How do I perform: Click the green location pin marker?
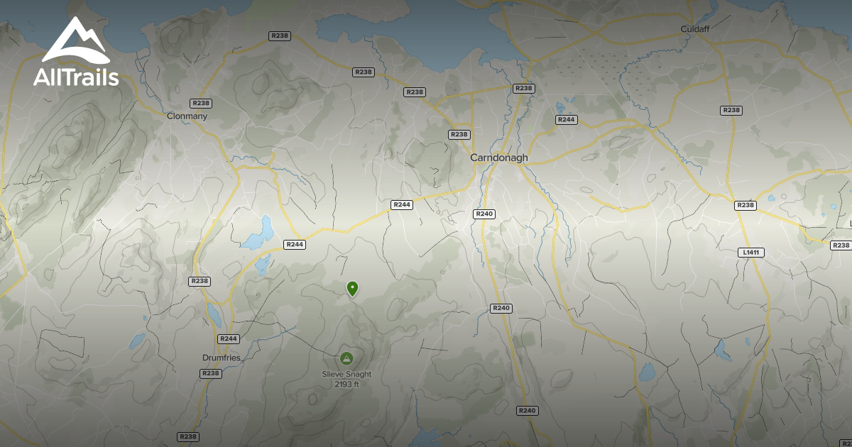pyautogui.click(x=352, y=288)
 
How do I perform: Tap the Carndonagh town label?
pyautogui.click(x=499, y=158)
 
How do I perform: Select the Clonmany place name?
pyautogui.click(x=187, y=116)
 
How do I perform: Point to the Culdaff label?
pyautogui.click(x=695, y=29)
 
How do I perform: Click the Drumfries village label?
pyautogui.click(x=222, y=358)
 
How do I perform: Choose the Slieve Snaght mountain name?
pyautogui.click(x=346, y=375)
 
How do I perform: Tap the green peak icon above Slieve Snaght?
pyautogui.click(x=346, y=358)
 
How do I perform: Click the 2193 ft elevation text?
pyautogui.click(x=346, y=385)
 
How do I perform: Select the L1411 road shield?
pyautogui.click(x=750, y=253)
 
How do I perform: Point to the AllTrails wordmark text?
pyautogui.click(x=76, y=77)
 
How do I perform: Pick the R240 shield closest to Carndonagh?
pyautogui.click(x=484, y=214)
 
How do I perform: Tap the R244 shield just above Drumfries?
pyautogui.click(x=228, y=338)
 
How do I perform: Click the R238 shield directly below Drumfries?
pyautogui.click(x=210, y=373)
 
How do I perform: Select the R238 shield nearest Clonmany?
pyautogui.click(x=200, y=104)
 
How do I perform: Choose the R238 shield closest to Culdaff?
pyautogui.click(x=731, y=110)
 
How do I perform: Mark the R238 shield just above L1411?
pyautogui.click(x=745, y=205)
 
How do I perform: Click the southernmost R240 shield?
pyautogui.click(x=527, y=411)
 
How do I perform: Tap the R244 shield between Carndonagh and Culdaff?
pyautogui.click(x=566, y=119)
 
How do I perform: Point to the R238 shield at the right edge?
pyautogui.click(x=841, y=245)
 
